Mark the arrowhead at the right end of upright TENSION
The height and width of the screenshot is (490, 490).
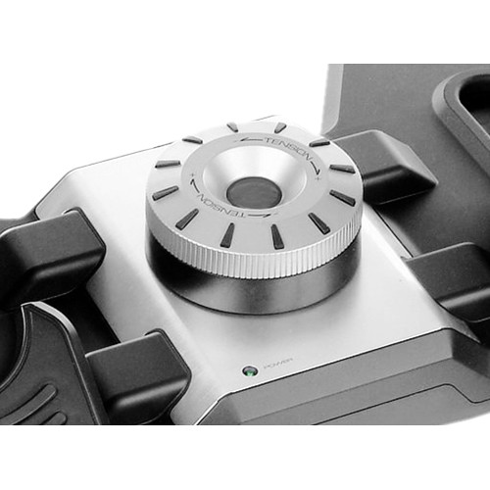(317, 172)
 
